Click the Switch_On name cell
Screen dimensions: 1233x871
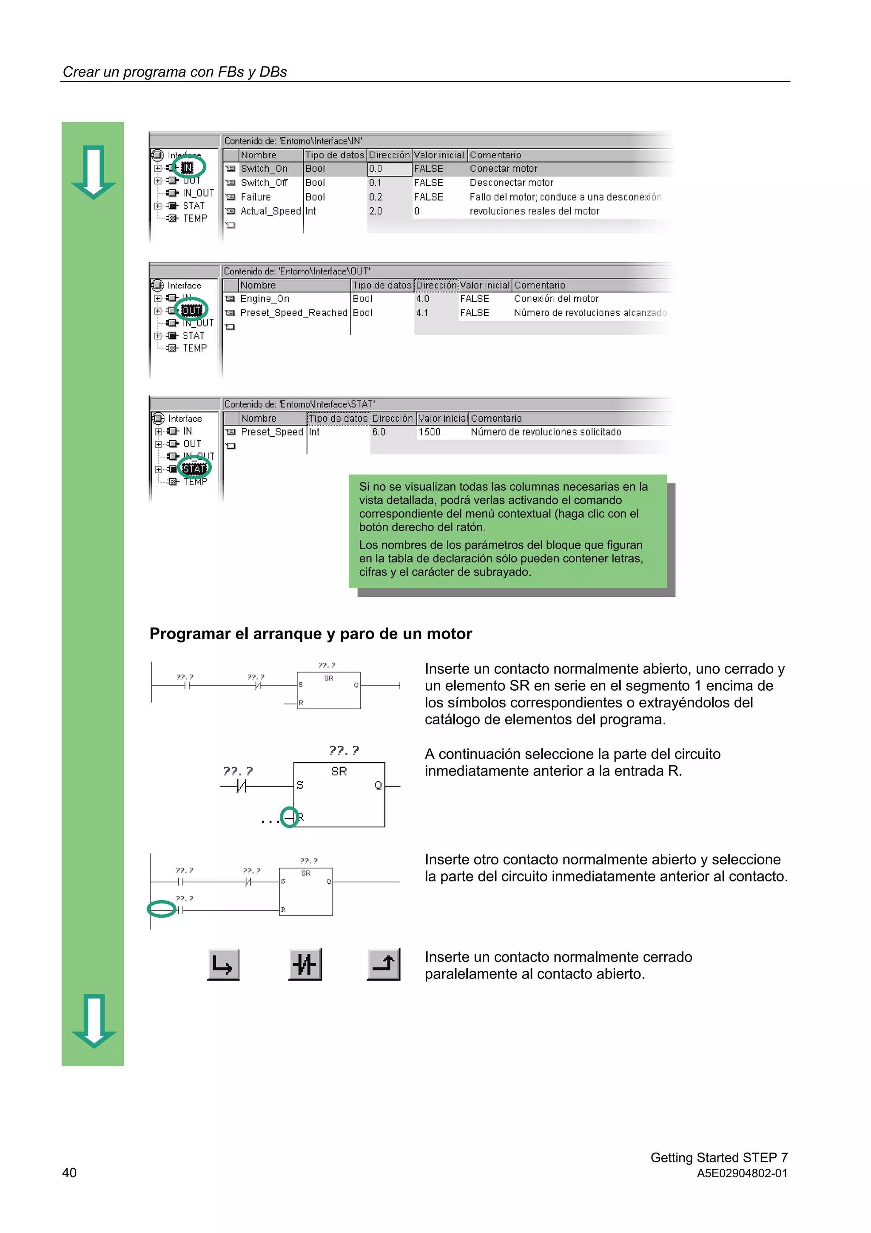click(264, 169)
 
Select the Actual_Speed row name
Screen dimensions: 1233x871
click(270, 211)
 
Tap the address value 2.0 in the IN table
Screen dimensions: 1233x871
click(375, 211)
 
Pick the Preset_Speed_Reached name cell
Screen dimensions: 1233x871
click(293, 312)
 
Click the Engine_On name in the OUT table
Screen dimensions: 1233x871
click(265, 299)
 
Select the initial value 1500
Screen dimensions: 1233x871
click(429, 432)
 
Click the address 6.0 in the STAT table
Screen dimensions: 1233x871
click(379, 432)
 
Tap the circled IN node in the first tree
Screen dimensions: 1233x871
click(187, 168)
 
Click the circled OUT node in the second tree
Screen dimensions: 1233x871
click(191, 310)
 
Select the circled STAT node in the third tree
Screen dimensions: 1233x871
click(194, 468)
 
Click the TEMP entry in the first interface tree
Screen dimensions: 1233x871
click(194, 218)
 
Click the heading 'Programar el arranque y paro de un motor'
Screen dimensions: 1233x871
click(310, 634)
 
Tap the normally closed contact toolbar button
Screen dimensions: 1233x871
click(305, 964)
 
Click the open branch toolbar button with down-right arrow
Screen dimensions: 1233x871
click(223, 964)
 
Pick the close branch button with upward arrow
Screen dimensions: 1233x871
click(384, 964)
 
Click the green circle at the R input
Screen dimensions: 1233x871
click(289, 817)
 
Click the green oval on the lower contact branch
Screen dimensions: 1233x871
click(162, 909)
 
